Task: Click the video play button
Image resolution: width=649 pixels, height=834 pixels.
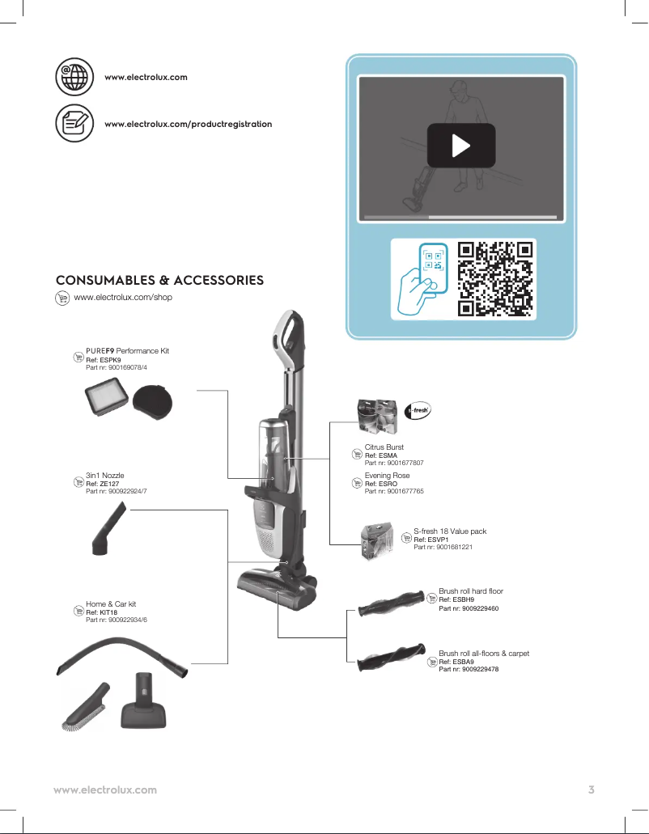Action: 460,146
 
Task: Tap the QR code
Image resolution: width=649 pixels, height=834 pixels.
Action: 496,279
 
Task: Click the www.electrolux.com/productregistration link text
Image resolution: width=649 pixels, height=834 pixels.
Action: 188,124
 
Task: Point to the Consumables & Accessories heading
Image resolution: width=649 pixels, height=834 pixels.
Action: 159,280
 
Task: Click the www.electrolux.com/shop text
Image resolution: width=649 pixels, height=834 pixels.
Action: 123,298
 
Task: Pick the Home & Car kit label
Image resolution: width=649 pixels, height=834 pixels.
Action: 111,604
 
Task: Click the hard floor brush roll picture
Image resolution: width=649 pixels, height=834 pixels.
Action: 392,603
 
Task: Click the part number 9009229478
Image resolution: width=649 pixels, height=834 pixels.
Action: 469,669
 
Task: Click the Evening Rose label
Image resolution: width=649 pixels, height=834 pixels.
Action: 387,476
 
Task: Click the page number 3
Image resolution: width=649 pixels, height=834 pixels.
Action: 592,790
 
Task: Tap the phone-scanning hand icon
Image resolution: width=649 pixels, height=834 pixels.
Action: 422,279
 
